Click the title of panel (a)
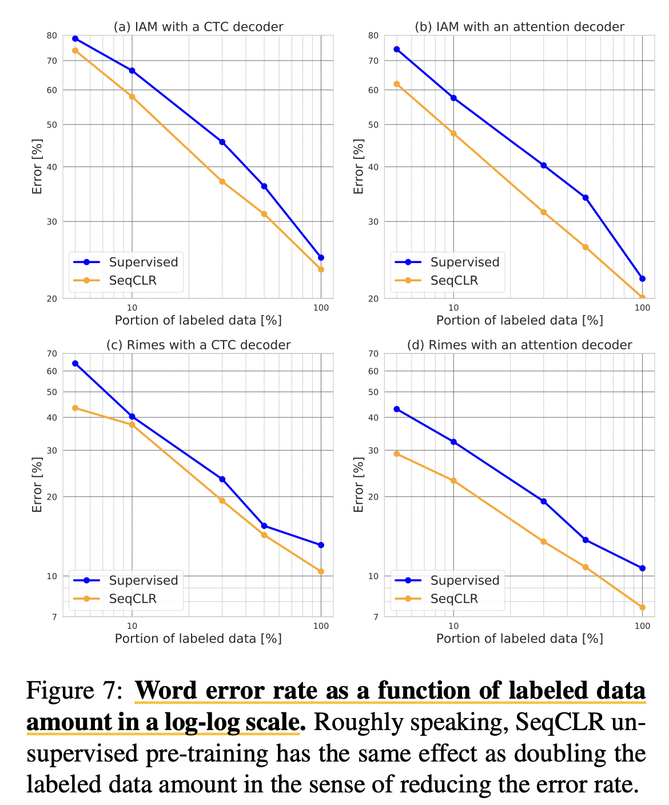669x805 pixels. click(198, 27)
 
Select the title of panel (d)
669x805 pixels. click(519, 345)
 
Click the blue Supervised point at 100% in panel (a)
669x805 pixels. click(321, 257)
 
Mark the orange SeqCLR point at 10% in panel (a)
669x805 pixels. click(132, 97)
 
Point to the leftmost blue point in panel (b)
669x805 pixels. click(396, 49)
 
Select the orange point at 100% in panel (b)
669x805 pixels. click(642, 297)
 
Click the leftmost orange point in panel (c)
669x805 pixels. click(75, 408)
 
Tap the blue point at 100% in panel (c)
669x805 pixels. click(321, 545)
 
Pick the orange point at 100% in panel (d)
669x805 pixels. click(642, 607)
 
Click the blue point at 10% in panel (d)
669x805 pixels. click(453, 442)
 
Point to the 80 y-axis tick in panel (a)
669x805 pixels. click(52, 35)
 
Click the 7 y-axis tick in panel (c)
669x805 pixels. click(55, 617)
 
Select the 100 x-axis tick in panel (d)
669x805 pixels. click(642, 625)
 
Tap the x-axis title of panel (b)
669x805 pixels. click(519, 320)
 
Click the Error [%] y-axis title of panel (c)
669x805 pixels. click(38, 484)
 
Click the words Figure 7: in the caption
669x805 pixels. click(74, 691)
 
